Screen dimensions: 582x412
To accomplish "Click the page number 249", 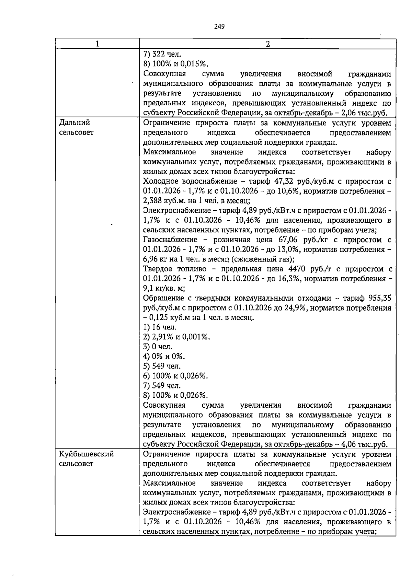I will (219, 26).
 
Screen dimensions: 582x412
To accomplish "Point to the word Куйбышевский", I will (86, 454).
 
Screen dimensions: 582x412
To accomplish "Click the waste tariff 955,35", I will (379, 298).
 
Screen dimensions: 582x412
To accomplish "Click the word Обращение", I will (163, 298).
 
